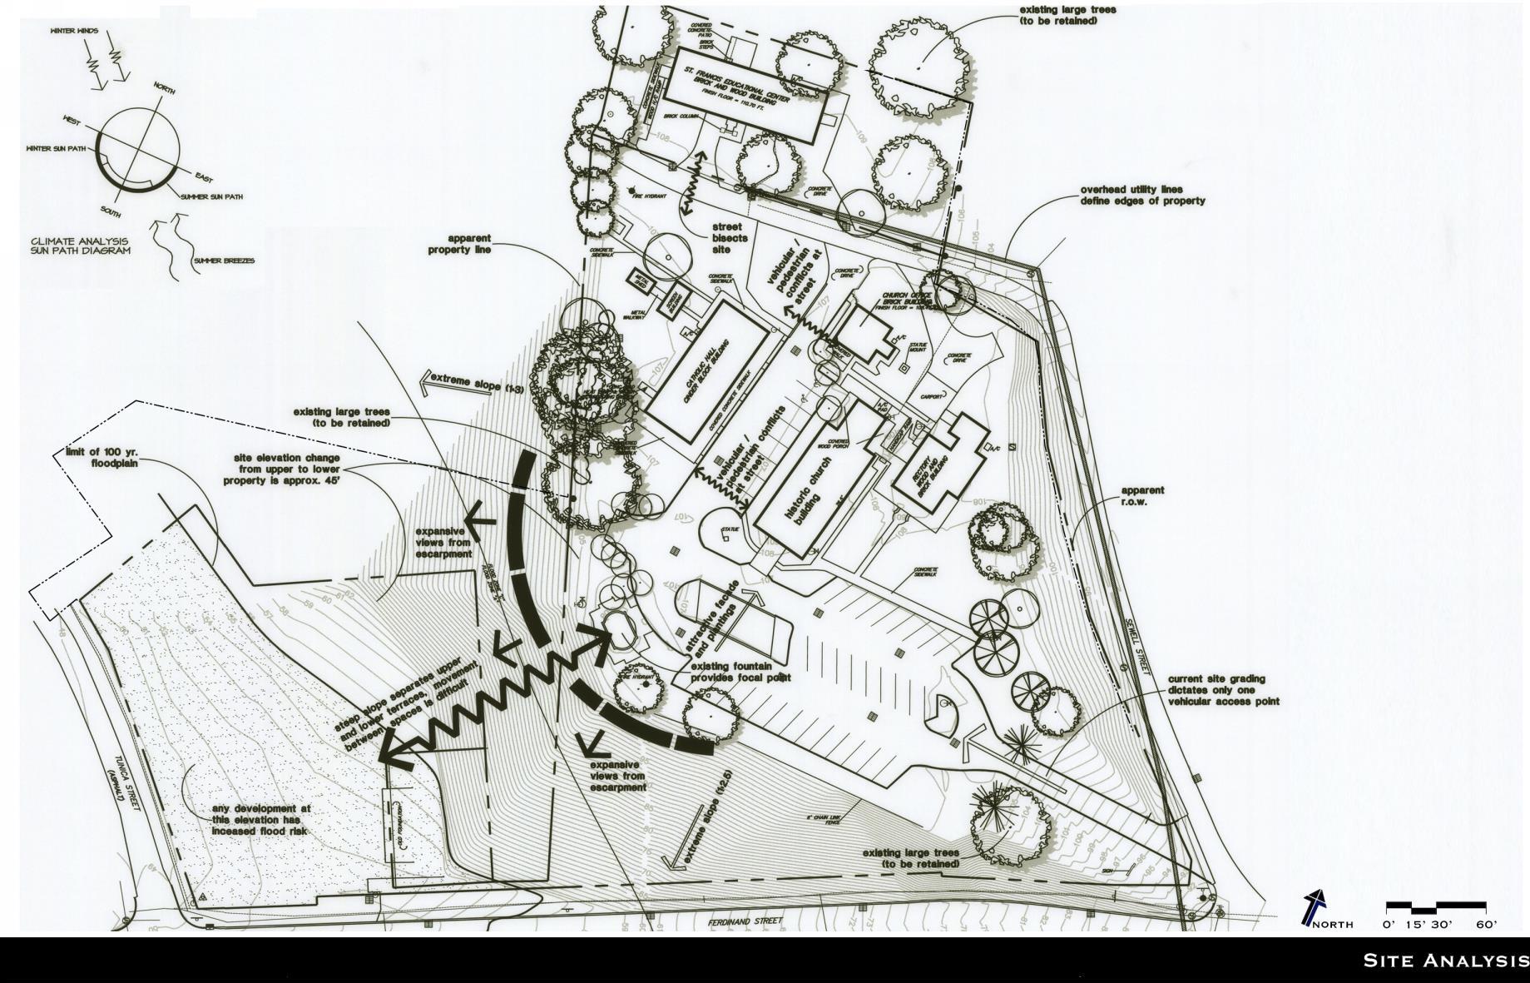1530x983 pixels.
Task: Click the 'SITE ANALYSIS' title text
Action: coord(1444,961)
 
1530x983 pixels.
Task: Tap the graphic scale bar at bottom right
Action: coord(1435,905)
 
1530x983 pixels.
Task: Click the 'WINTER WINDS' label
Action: coord(74,32)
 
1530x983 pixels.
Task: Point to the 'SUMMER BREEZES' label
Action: coord(225,261)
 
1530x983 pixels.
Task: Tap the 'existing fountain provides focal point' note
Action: coord(738,672)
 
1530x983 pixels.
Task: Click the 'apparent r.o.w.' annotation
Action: coord(1142,496)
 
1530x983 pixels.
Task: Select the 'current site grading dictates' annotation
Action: coord(1223,690)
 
